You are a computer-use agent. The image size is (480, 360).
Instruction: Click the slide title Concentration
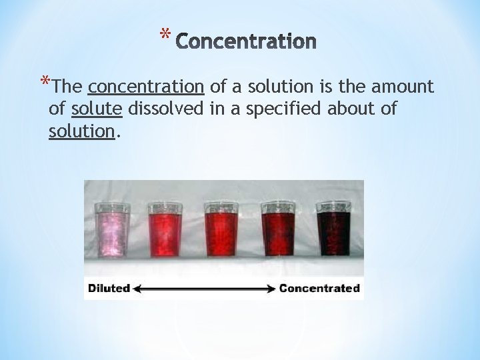[247, 42]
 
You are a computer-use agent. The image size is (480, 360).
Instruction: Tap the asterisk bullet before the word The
[45, 83]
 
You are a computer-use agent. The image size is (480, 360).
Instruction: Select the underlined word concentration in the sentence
[146, 87]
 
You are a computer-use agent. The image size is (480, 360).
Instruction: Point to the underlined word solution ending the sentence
[82, 131]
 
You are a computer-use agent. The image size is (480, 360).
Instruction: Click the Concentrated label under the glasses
[319, 289]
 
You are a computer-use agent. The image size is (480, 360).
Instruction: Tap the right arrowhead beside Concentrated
[271, 289]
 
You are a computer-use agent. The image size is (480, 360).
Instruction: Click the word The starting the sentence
[67, 87]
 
